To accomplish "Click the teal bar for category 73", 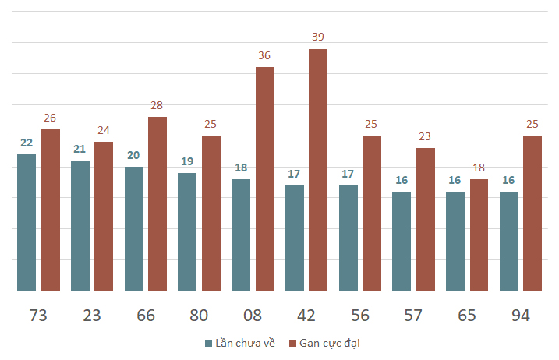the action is pyautogui.click(x=27, y=222).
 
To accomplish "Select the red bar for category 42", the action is pyautogui.click(x=318, y=170).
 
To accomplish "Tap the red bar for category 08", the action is pyautogui.click(x=265, y=179).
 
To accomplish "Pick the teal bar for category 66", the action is pyautogui.click(x=134, y=229).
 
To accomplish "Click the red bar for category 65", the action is pyautogui.click(x=479, y=235).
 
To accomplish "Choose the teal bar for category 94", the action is pyautogui.click(x=509, y=242).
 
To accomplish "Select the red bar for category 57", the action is pyautogui.click(x=426, y=220).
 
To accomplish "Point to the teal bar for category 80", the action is pyautogui.click(x=187, y=232).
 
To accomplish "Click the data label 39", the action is pyautogui.click(x=318, y=37).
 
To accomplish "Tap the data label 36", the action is pyautogui.click(x=264, y=55).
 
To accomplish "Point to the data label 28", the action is pyautogui.click(x=157, y=105).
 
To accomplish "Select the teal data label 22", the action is pyautogui.click(x=27, y=143).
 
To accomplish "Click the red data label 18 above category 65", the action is pyautogui.click(x=479, y=168).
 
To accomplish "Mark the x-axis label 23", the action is pyautogui.click(x=92, y=316).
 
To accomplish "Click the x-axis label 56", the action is pyautogui.click(x=360, y=316).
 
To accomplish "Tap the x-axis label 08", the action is pyautogui.click(x=253, y=316).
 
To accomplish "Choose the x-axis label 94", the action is pyautogui.click(x=521, y=316).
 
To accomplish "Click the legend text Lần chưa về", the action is pyautogui.click(x=246, y=343).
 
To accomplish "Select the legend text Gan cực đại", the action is pyautogui.click(x=330, y=344).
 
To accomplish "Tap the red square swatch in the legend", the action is pyautogui.click(x=292, y=344).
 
